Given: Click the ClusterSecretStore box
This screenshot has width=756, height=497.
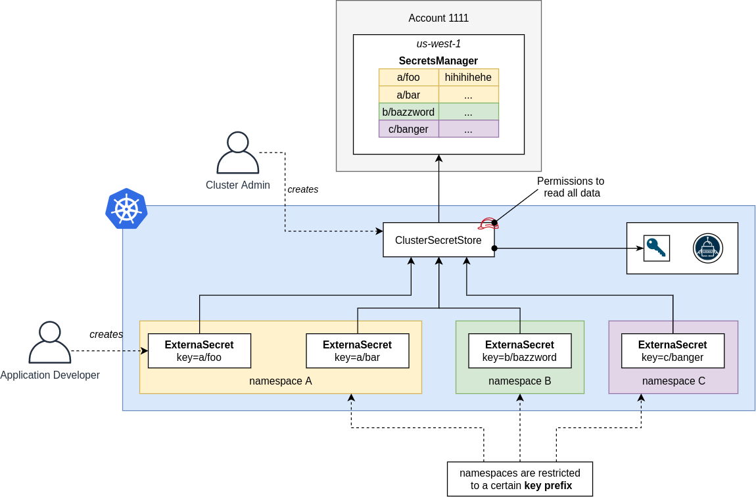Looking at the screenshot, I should click(x=438, y=240).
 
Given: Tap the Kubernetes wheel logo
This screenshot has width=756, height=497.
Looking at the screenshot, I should click(x=126, y=208).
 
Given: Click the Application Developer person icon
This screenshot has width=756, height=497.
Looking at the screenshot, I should click(x=50, y=342).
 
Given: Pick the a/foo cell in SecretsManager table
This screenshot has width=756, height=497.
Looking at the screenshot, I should click(x=409, y=78).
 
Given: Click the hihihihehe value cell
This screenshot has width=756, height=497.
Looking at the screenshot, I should click(x=468, y=78).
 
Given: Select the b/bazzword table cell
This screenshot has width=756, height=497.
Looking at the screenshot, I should click(x=409, y=112).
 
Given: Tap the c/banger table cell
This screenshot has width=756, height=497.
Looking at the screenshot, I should click(x=409, y=129).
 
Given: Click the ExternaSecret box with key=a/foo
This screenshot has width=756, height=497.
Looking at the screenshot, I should click(x=199, y=351).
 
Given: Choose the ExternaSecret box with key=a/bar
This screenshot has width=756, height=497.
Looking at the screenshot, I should click(x=358, y=351).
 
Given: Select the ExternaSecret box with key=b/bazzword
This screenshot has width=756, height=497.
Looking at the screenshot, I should click(x=519, y=351).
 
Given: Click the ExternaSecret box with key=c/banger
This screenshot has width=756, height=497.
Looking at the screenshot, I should click(x=673, y=351).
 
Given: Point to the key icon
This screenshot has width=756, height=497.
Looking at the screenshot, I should click(x=656, y=248).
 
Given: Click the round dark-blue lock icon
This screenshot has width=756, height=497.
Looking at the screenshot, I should click(x=707, y=248).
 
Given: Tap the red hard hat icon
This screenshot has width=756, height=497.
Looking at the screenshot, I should click(x=488, y=224).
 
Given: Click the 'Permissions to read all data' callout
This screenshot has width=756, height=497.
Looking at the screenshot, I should click(x=570, y=187).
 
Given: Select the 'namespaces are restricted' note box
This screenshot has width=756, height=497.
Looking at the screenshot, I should click(x=519, y=479).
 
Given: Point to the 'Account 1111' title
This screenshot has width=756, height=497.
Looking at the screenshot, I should click(x=438, y=18).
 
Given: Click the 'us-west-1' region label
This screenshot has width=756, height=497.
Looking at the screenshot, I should click(x=438, y=44).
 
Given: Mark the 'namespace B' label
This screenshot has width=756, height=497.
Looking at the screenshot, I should click(x=519, y=381).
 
